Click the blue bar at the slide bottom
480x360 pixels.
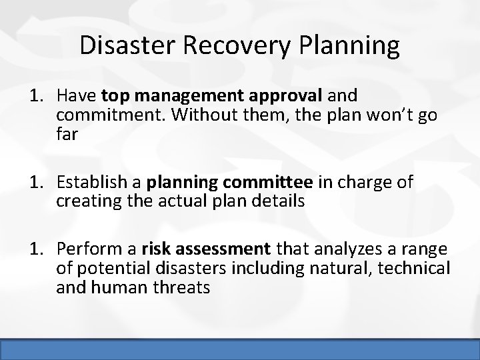tap(240, 351)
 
